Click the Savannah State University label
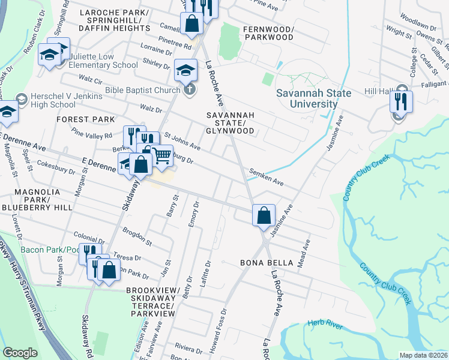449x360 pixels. tap(306, 98)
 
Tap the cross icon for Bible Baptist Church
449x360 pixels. tap(189, 91)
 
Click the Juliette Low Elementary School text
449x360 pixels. tap(103, 61)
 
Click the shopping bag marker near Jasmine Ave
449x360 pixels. tap(264, 215)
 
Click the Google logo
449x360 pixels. tap(19, 353)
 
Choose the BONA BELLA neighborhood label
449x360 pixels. tap(267, 263)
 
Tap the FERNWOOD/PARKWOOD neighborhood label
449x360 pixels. tap(268, 33)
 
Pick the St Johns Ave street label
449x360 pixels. tap(182, 142)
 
